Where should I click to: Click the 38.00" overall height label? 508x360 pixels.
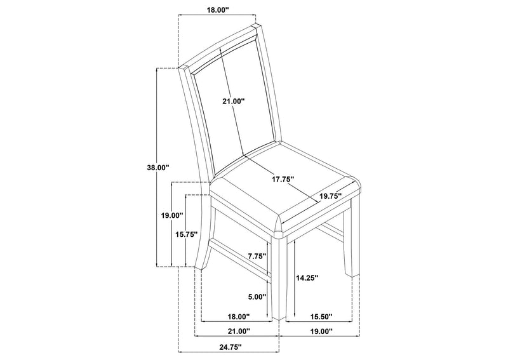coord(158,168)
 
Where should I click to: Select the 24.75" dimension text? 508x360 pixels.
coord(231,347)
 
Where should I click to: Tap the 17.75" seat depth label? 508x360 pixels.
coord(283,179)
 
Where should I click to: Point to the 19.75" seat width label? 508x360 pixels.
coord(331,196)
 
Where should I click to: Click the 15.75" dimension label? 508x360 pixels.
coord(186,234)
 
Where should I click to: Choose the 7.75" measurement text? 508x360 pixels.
coord(257,256)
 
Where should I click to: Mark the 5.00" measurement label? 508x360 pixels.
coord(257,297)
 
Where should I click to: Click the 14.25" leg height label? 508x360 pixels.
coord(307,277)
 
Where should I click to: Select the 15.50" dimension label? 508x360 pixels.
coord(321,317)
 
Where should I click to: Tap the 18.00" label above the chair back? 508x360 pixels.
coord(218,10)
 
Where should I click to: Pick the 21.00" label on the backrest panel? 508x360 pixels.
coord(233,102)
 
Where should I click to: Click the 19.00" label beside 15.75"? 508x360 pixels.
coord(172,215)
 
